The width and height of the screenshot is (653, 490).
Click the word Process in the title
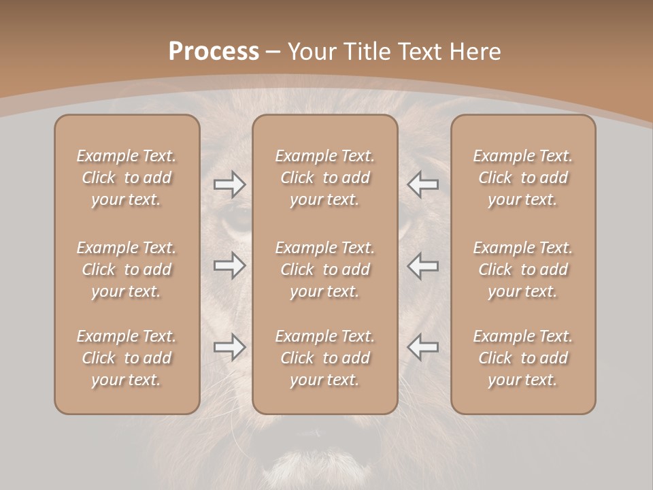(x=214, y=52)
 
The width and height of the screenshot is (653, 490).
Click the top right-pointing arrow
(x=230, y=184)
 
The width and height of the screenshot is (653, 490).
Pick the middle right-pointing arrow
(x=230, y=265)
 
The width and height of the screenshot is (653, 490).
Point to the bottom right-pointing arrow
(x=230, y=347)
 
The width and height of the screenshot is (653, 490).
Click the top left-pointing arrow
(x=422, y=184)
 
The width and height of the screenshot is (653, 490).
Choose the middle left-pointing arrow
(x=422, y=265)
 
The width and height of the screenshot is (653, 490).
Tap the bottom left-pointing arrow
(x=422, y=347)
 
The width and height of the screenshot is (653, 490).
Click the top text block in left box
(x=127, y=178)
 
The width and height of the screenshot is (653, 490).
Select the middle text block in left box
(x=127, y=269)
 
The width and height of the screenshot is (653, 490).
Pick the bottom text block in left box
(x=127, y=358)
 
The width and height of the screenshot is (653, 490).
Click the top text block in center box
(x=325, y=178)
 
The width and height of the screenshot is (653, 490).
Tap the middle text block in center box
(x=325, y=269)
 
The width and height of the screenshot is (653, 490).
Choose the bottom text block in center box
(x=325, y=358)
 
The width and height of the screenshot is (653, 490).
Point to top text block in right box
(x=523, y=178)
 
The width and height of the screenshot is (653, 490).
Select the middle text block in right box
(x=523, y=269)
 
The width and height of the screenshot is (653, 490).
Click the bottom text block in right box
(x=523, y=358)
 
